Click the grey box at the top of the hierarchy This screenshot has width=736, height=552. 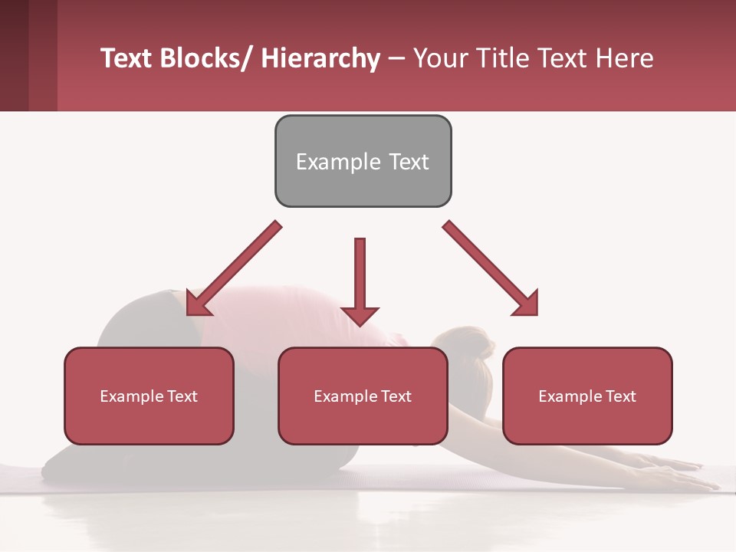click(363, 161)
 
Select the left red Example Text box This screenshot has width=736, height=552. click(149, 396)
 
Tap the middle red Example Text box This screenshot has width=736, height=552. click(363, 396)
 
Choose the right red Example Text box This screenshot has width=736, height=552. click(587, 396)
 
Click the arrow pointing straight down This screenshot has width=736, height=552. click(360, 280)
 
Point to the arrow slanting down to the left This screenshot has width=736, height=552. click(234, 268)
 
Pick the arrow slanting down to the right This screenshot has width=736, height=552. click(491, 268)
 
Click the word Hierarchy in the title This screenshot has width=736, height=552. click(320, 58)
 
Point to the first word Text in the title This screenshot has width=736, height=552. click(126, 58)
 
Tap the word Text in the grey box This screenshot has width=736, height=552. click(408, 162)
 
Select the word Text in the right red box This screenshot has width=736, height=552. click(619, 396)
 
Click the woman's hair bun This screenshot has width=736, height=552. click(481, 346)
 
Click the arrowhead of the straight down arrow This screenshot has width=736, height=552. click(360, 315)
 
